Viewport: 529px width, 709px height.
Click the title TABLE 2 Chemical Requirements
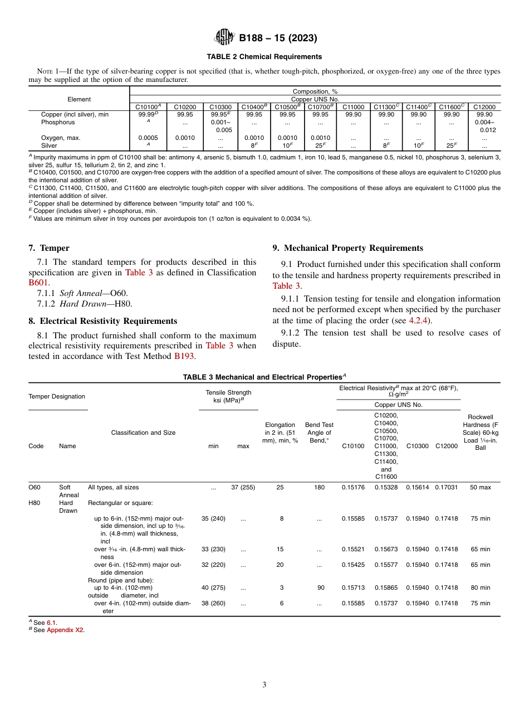264,57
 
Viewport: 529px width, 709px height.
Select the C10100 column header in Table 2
148,106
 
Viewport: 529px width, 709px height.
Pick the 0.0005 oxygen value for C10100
148,138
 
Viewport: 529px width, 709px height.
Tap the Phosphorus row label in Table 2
57,122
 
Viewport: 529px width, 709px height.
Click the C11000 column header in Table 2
353,106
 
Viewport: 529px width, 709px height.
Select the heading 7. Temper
49,248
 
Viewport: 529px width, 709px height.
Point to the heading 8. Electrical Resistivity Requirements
102,321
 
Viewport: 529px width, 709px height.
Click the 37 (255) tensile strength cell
243,487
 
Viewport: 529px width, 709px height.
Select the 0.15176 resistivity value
353,487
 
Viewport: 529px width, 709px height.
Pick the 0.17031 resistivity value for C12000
446,487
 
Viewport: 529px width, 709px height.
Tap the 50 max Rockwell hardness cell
480,487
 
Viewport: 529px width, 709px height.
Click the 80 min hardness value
480,587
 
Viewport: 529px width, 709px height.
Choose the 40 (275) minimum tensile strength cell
213,587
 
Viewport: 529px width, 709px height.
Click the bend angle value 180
319,487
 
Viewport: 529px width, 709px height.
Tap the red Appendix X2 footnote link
65,630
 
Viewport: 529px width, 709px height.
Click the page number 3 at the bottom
264,684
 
